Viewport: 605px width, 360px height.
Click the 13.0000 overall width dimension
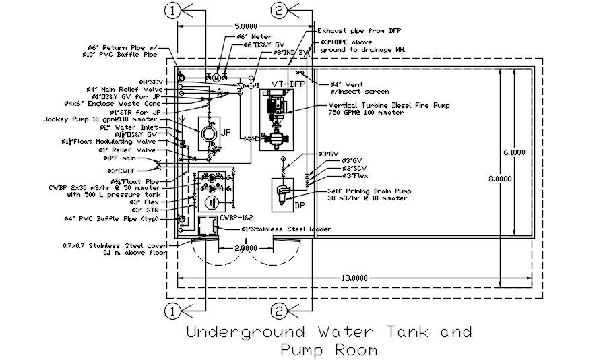pyautogui.click(x=355, y=278)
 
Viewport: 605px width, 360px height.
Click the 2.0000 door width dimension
pyautogui.click(x=245, y=248)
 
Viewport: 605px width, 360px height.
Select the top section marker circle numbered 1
pyautogui.click(x=173, y=10)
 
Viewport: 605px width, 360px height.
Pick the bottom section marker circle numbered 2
pyautogui.click(x=279, y=311)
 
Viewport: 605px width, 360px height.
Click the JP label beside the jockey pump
pyautogui.click(x=226, y=133)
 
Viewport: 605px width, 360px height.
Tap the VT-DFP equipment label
pyautogui.click(x=288, y=84)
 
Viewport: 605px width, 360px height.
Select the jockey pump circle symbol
pyautogui.click(x=207, y=133)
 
